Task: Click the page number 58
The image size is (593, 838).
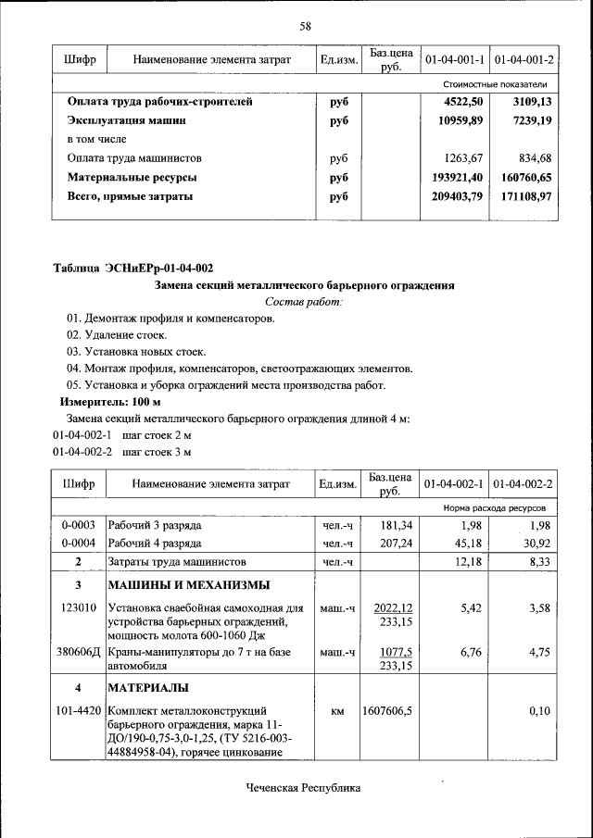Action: pos(304,26)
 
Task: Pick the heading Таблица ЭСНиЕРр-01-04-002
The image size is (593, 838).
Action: pos(132,269)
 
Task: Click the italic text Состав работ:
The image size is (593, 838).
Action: pos(304,302)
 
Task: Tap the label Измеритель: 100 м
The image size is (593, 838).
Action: pos(110,403)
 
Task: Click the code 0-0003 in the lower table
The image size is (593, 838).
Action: pos(79,526)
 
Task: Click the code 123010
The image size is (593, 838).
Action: pos(79,608)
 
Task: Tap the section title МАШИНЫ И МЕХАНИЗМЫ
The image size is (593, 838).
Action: pos(189,585)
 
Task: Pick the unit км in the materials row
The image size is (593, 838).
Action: pos(337,711)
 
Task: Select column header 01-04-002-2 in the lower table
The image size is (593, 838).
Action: pos(524,484)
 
